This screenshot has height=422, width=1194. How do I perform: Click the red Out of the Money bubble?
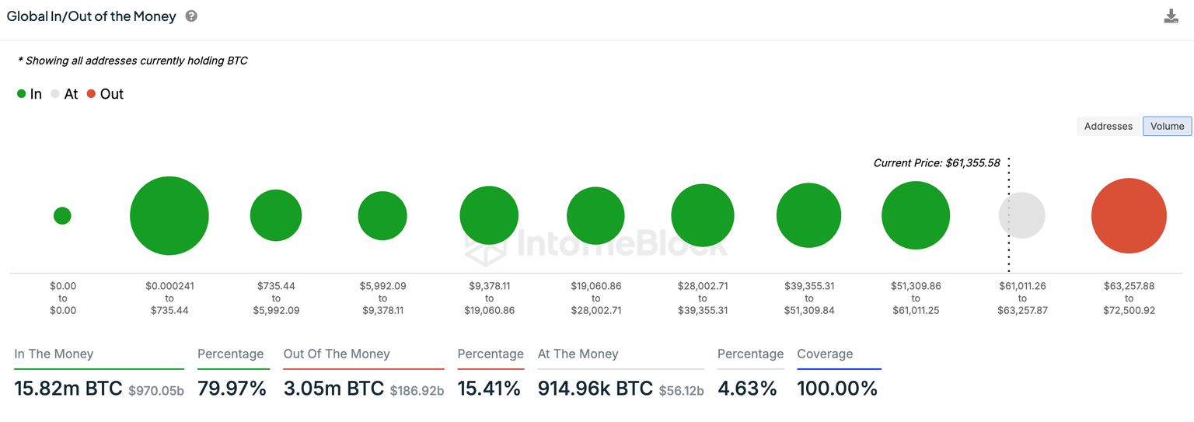[1129, 215]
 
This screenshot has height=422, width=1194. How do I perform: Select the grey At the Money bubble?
[1021, 215]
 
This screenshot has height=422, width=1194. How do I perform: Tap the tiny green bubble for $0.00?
[62, 215]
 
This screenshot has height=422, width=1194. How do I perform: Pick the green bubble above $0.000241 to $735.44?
[169, 215]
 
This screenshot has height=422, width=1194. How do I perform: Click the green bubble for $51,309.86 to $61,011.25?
[916, 215]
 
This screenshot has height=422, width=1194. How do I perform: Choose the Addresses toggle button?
[1108, 126]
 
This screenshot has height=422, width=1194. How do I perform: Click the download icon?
[1171, 16]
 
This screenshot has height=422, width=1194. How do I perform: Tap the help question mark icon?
[191, 16]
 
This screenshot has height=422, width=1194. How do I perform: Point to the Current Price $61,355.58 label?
[936, 163]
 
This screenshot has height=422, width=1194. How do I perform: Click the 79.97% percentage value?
[232, 389]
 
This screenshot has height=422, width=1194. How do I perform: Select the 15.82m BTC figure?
[68, 389]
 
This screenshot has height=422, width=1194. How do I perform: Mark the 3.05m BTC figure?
[333, 389]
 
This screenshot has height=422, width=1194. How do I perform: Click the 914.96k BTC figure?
[595, 389]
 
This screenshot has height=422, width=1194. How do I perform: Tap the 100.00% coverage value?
[837, 389]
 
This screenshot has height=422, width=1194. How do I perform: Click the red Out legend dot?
[92, 94]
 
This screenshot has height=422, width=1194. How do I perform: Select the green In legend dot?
[21, 94]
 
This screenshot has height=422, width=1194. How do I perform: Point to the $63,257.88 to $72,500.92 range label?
[1129, 298]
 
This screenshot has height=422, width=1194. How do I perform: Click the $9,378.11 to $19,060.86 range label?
[489, 298]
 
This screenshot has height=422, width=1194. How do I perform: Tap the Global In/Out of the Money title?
[92, 16]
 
